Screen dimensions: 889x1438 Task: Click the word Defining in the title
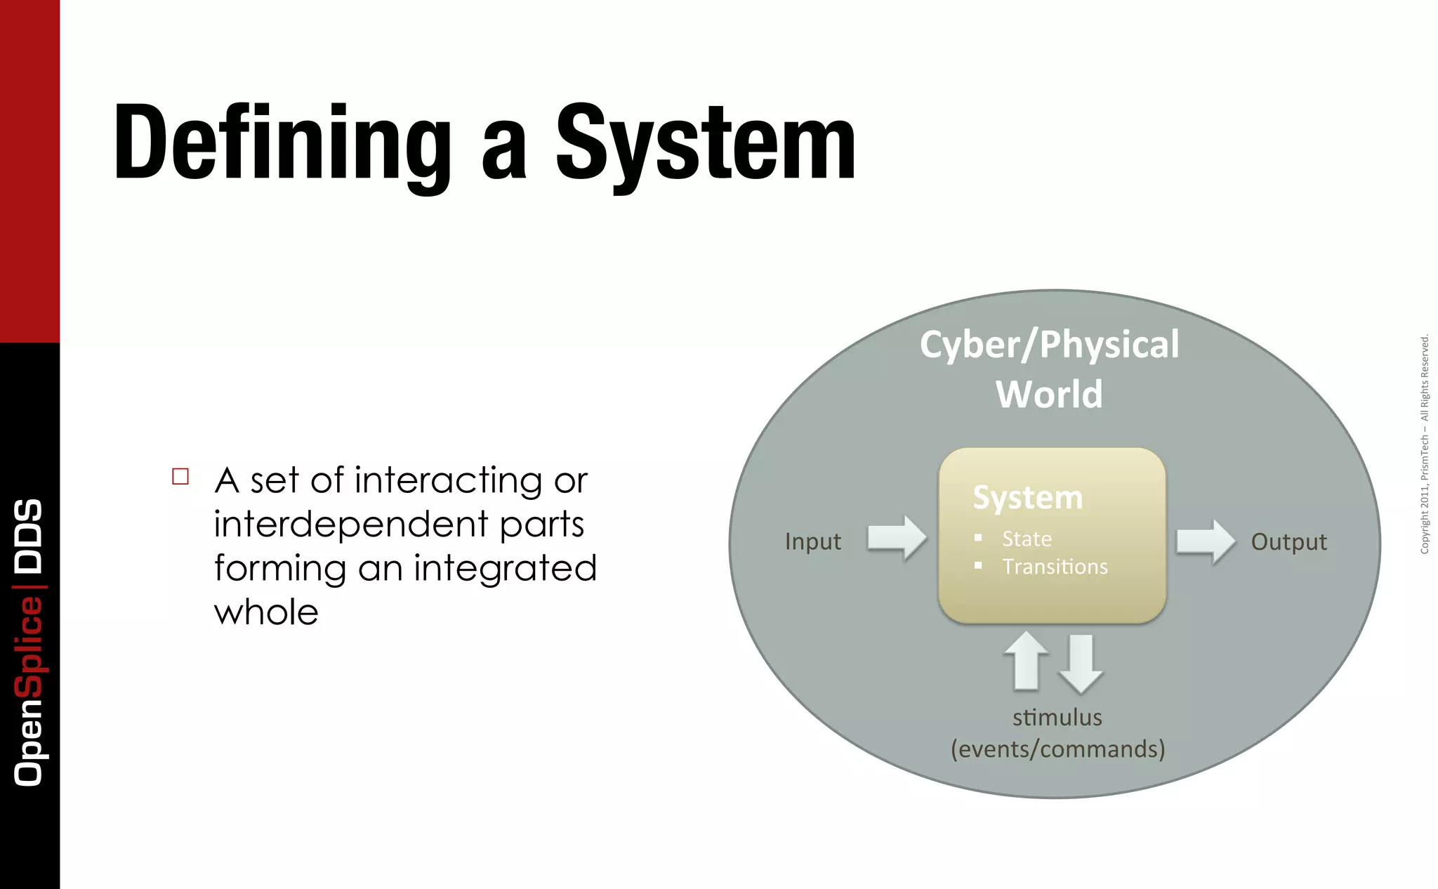pyautogui.click(x=282, y=144)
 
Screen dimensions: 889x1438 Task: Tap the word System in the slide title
pyautogui.click(x=706, y=144)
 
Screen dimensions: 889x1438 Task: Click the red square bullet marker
pyautogui.click(x=180, y=477)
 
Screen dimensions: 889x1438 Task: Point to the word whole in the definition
pyautogui.click(x=266, y=612)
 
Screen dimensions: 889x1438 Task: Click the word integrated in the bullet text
pyautogui.click(x=505, y=568)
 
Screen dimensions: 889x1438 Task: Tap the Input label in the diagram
pyautogui.click(x=812, y=541)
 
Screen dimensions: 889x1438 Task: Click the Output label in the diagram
pyautogui.click(x=1288, y=541)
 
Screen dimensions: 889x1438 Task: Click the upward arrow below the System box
pyautogui.click(x=1027, y=660)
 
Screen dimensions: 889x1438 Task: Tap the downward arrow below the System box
pyautogui.click(x=1081, y=664)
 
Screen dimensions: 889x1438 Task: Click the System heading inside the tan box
pyautogui.click(x=1027, y=498)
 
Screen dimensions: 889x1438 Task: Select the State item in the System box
pyautogui.click(x=1027, y=539)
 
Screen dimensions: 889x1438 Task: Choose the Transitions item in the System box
pyautogui.click(x=1055, y=567)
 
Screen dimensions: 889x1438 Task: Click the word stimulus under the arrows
pyautogui.click(x=1057, y=718)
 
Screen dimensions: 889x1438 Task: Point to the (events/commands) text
pyautogui.click(x=1057, y=749)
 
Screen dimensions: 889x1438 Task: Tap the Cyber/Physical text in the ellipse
pyautogui.click(x=1049, y=345)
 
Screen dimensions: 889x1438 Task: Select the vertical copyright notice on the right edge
pyautogui.click(x=1424, y=444)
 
